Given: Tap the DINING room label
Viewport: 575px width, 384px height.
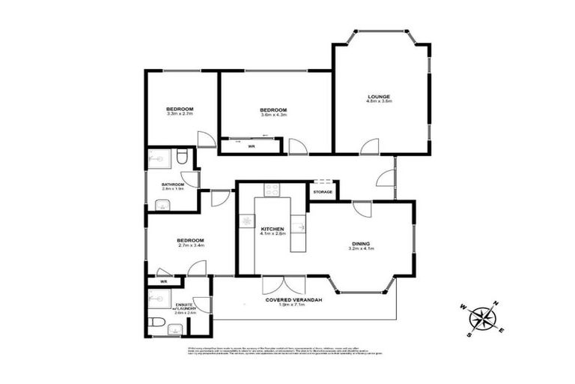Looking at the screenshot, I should pyautogui.click(x=363, y=243).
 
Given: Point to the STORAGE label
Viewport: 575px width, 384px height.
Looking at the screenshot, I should pyautogui.click(x=323, y=192).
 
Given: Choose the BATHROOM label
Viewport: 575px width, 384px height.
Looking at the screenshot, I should pyautogui.click(x=173, y=183).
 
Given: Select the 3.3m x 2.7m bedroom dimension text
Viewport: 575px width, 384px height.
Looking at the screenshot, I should pyautogui.click(x=180, y=115).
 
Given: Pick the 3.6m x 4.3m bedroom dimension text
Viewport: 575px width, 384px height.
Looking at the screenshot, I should pyautogui.click(x=273, y=115).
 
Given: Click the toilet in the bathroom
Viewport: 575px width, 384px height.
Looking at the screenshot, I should pyautogui.click(x=183, y=157).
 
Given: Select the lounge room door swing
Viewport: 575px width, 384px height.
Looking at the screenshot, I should pyautogui.click(x=368, y=146).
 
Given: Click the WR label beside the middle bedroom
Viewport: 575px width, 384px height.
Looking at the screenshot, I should pyautogui.click(x=252, y=146).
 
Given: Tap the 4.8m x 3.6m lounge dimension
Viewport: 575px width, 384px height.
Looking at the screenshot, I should pyautogui.click(x=380, y=100).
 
